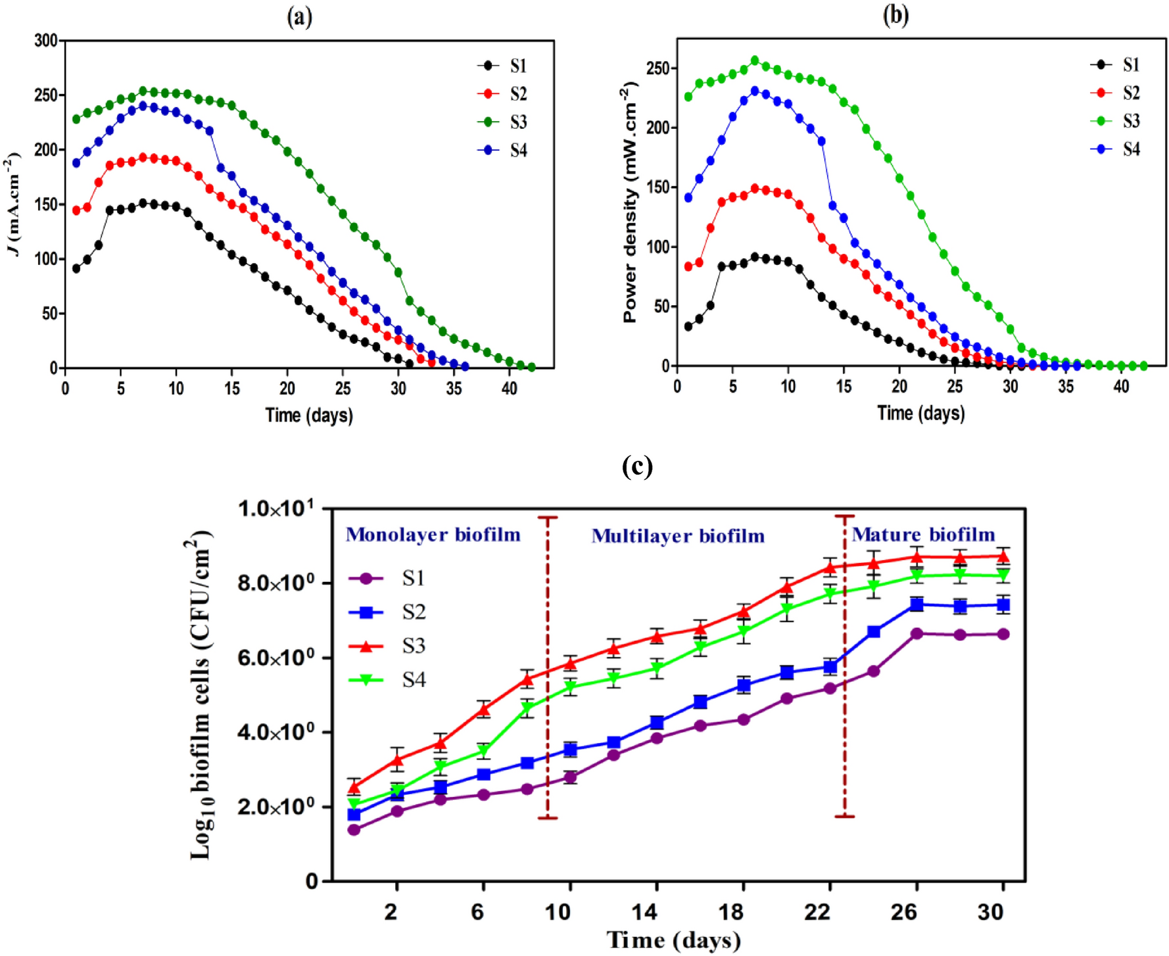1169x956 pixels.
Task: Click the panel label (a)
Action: point(299,17)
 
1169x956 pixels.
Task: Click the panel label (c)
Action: point(636,466)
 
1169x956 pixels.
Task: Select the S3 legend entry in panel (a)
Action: point(518,122)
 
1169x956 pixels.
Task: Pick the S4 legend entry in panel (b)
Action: point(1131,149)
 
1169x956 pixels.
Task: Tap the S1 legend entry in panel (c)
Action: point(414,579)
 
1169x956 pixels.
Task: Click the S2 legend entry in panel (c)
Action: point(414,612)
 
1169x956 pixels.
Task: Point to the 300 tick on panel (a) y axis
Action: point(45,41)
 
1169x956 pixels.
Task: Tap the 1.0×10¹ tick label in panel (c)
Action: point(275,509)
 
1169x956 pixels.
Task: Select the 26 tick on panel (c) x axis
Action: point(904,912)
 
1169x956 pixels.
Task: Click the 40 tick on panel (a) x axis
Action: point(509,389)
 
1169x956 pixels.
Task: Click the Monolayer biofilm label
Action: point(433,535)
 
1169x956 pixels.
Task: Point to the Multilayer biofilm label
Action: point(678,536)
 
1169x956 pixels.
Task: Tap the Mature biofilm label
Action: point(923,535)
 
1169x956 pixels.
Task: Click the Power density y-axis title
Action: point(630,203)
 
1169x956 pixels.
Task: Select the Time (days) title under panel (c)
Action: point(673,940)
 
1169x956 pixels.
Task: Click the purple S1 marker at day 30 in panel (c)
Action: point(1003,634)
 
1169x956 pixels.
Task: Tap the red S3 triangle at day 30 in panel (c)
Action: point(1003,557)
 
